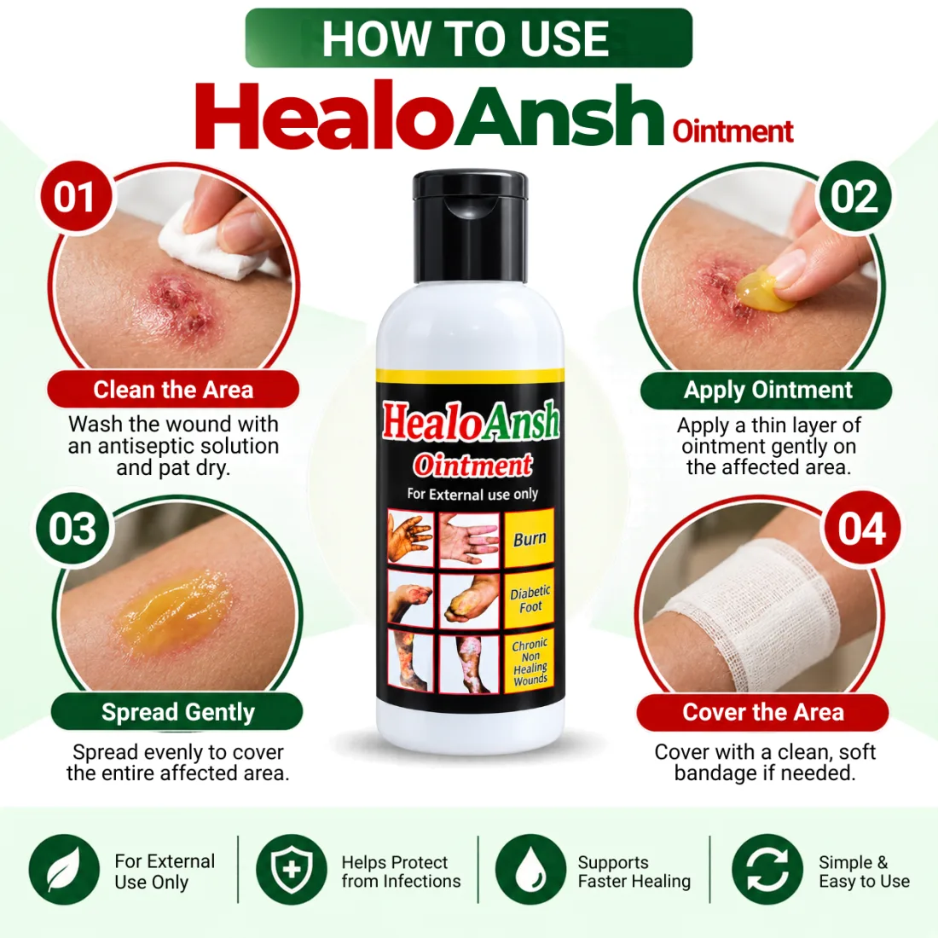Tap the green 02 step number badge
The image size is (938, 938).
(x=854, y=197)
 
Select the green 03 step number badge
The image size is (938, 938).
(x=73, y=529)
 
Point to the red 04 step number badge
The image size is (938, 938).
(x=861, y=529)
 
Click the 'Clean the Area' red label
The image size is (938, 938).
(x=173, y=390)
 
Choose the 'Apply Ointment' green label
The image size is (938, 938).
(x=767, y=390)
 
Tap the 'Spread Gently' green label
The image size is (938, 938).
(x=177, y=712)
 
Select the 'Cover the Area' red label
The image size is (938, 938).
(x=762, y=712)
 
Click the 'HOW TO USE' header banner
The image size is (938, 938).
(x=469, y=38)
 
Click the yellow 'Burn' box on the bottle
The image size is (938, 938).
(x=530, y=538)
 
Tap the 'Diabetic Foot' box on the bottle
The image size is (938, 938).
(x=530, y=599)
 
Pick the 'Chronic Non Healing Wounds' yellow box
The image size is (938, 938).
(x=530, y=661)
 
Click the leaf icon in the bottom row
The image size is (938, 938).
(x=64, y=870)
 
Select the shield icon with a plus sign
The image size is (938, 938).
(x=292, y=870)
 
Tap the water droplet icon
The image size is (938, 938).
(x=530, y=870)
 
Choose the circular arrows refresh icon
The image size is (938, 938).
(x=767, y=870)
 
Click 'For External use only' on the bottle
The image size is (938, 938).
(x=472, y=494)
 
